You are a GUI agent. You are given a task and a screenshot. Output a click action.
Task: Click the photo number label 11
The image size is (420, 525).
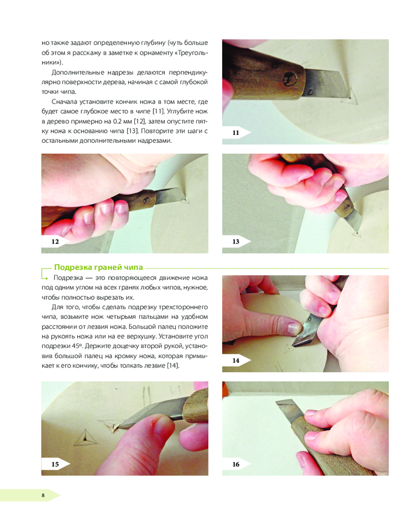(236, 133)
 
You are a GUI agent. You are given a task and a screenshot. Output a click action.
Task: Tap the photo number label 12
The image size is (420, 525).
(55, 241)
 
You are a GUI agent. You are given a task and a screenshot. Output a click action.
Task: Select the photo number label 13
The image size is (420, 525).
(236, 241)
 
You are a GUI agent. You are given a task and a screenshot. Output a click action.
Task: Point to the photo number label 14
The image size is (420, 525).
(236, 360)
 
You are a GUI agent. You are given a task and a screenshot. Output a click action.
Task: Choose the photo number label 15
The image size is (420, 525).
(55, 464)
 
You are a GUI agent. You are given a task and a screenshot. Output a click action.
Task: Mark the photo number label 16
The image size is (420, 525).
(236, 464)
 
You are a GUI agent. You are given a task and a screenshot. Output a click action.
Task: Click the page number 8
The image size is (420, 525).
(43, 495)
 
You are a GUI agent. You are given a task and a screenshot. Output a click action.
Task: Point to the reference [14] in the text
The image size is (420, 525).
(173, 365)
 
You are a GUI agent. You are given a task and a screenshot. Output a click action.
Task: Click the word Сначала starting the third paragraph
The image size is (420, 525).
(64, 102)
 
